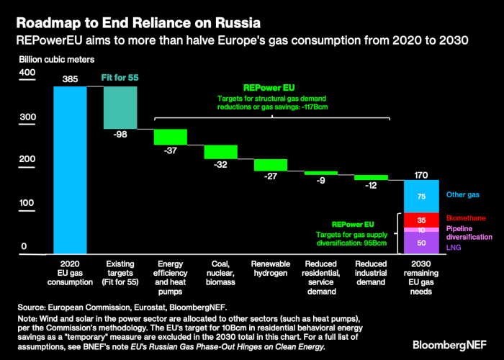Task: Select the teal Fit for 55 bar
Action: (x=120, y=107)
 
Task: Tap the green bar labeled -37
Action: (x=171, y=137)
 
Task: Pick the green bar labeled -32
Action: (x=220, y=151)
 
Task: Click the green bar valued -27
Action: (x=271, y=165)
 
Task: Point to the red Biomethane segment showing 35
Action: (x=421, y=220)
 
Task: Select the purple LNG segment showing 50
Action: (x=421, y=243)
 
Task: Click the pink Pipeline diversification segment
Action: (x=421, y=230)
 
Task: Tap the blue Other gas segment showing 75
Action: (x=421, y=196)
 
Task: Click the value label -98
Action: (x=120, y=135)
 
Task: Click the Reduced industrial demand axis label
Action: (x=371, y=274)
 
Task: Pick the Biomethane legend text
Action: (x=466, y=219)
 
